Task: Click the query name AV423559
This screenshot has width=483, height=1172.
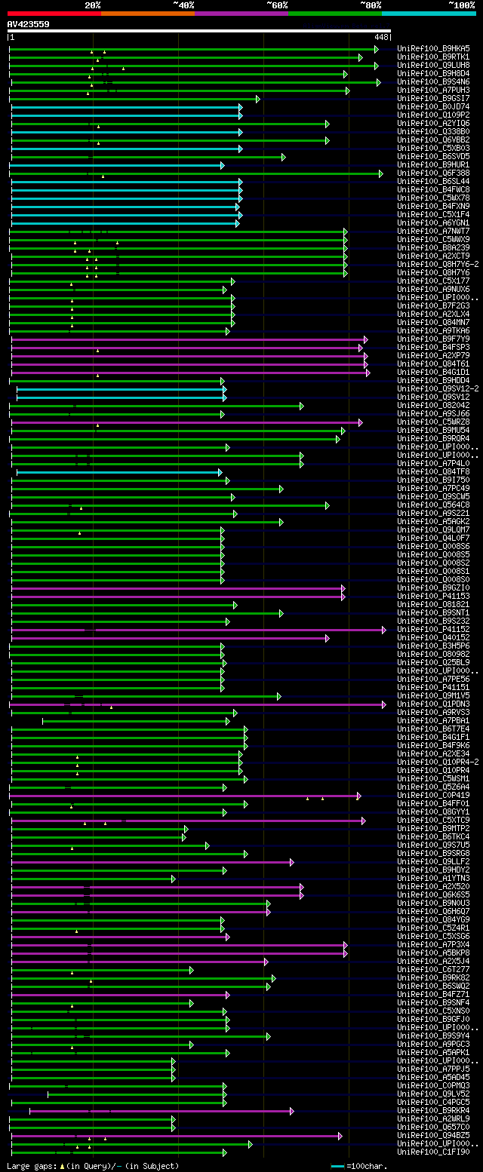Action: (28, 24)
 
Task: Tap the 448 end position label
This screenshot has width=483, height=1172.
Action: (380, 36)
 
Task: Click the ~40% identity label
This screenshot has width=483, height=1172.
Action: (183, 5)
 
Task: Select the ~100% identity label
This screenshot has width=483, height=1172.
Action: (461, 5)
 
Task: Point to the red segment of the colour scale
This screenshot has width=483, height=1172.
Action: (54, 13)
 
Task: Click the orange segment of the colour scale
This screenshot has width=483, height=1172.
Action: (147, 13)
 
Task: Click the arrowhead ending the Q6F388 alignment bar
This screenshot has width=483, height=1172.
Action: (381, 173)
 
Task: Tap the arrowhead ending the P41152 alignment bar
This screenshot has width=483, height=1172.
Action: (383, 630)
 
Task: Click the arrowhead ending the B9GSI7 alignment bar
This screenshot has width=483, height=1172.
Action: (257, 99)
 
